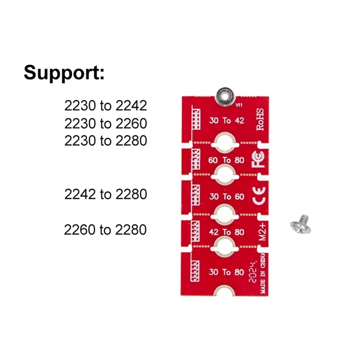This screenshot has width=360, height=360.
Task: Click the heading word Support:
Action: (x=64, y=72)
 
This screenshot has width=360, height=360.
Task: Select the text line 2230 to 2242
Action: (x=106, y=106)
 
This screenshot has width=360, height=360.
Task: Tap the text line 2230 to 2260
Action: (x=106, y=123)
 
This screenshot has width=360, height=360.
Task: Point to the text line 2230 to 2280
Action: (x=106, y=141)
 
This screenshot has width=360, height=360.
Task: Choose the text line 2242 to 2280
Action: (x=106, y=194)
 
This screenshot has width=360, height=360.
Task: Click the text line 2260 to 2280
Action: (x=106, y=230)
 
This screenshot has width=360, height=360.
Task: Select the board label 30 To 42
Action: (x=227, y=120)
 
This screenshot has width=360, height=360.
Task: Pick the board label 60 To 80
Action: (x=227, y=160)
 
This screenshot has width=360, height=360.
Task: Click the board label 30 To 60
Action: (x=227, y=197)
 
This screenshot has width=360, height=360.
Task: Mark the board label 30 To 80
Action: (x=227, y=272)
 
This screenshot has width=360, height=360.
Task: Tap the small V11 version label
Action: (x=239, y=104)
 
